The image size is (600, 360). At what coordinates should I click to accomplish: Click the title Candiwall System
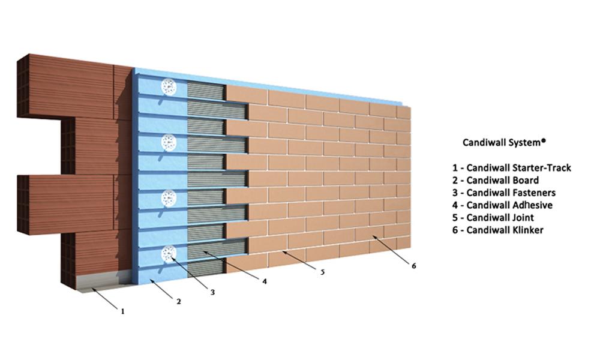(x=504, y=142)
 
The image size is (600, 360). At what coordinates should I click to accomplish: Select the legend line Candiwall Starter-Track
(x=512, y=167)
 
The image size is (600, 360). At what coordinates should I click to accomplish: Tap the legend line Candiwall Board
(x=496, y=180)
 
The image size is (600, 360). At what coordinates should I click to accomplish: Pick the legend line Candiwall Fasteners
(x=504, y=193)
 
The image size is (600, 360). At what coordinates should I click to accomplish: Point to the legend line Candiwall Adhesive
(x=502, y=205)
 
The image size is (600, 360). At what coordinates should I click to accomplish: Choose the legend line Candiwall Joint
(x=493, y=218)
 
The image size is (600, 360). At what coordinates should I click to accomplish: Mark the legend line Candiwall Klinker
(x=498, y=230)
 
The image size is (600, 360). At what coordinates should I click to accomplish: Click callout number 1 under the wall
(x=123, y=311)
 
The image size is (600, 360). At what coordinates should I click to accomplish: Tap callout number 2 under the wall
(x=178, y=302)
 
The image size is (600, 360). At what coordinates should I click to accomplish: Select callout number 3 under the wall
(x=212, y=292)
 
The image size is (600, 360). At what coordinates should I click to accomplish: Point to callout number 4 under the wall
(x=265, y=281)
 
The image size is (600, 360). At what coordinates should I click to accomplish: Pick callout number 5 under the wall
(x=322, y=272)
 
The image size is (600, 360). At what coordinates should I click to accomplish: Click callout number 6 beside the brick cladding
(x=413, y=266)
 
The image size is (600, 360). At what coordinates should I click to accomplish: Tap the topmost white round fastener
(x=169, y=87)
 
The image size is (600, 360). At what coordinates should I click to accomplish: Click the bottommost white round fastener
(x=169, y=254)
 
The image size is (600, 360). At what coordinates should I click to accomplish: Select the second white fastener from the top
(x=169, y=142)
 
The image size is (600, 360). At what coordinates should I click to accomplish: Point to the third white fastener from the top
(x=169, y=197)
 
